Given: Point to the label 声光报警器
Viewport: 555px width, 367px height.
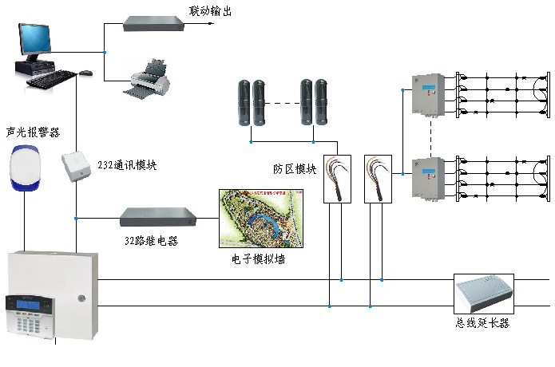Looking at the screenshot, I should coord(33,131).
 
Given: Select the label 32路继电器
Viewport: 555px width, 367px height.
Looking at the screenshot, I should coord(151,239).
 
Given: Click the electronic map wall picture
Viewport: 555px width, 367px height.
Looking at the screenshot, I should coord(261,218).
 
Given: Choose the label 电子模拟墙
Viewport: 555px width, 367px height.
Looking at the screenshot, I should coord(258,258).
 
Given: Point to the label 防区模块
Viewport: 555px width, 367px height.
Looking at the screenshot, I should coord(295,169).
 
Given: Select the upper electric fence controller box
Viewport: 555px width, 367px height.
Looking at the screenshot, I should coord(424,95).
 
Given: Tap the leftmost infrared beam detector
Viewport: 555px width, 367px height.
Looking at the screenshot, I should coord(244,101).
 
